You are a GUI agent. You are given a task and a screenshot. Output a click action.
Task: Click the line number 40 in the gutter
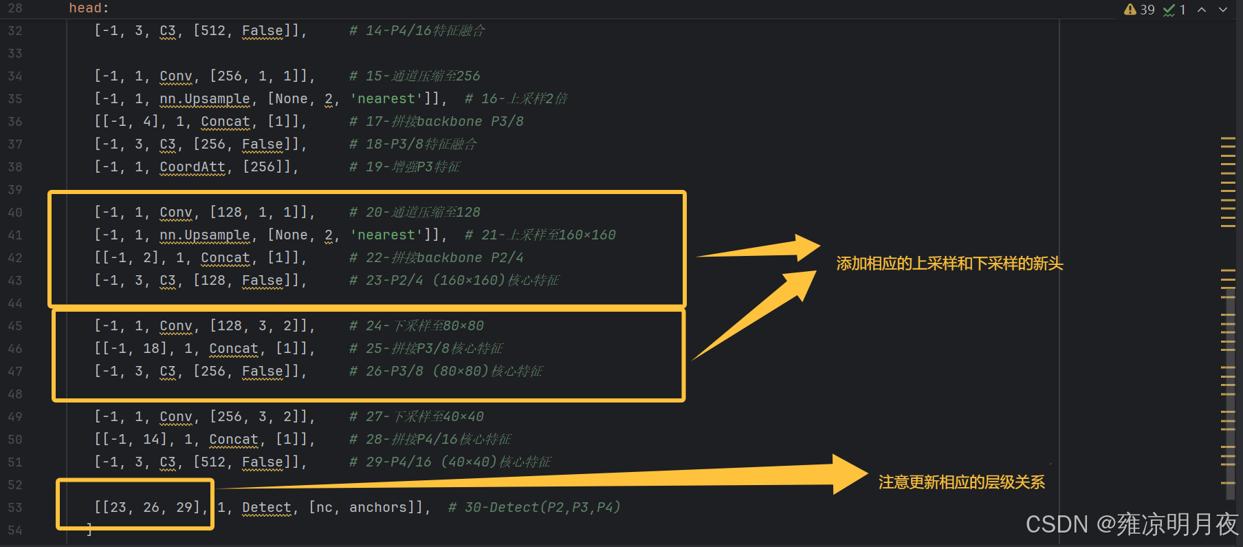pos(15,213)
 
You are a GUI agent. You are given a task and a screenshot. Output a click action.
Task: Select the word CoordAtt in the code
pos(192,167)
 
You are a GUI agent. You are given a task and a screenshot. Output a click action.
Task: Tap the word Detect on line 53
pos(267,508)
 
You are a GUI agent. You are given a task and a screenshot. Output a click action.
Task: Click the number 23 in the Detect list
pos(118,508)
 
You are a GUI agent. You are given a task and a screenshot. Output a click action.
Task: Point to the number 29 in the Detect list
pos(184,508)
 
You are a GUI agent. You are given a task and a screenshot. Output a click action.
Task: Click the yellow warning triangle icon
pos(1130,10)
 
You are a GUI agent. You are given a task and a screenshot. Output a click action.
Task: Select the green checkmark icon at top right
pos(1169,10)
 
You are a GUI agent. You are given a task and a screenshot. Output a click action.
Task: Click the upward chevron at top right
pos(1202,10)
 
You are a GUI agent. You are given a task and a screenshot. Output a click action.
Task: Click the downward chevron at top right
pos(1223,10)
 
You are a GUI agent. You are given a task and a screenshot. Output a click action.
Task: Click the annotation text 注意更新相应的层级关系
pos(961,482)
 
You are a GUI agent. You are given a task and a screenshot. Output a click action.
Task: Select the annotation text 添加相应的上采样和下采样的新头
pos(949,264)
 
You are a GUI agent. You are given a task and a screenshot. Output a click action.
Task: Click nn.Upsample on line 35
pos(205,99)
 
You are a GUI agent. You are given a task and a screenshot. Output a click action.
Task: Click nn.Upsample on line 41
pos(205,235)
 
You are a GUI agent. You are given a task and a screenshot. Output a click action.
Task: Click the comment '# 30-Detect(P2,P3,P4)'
pos(534,508)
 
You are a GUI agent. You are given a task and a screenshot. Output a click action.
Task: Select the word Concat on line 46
pos(234,349)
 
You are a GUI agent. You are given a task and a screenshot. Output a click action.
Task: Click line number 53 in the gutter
pos(15,508)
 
